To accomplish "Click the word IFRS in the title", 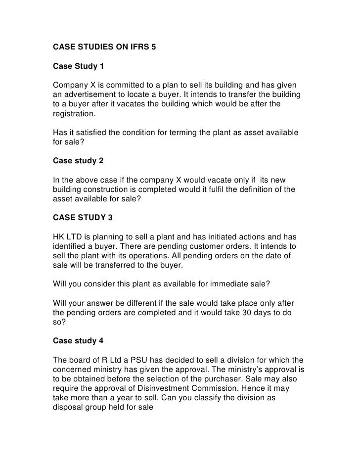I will click(x=140, y=48).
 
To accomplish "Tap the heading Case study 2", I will click(x=79, y=160).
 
